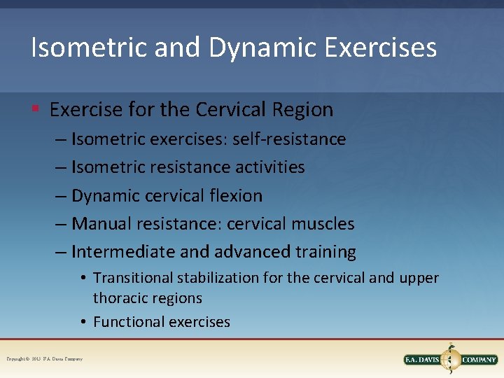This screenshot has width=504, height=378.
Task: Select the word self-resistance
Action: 297,139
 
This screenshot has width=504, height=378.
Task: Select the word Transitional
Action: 132,278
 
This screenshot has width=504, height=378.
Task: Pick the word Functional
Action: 126,322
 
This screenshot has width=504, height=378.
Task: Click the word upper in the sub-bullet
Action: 419,279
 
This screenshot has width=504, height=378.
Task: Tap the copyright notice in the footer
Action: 45,359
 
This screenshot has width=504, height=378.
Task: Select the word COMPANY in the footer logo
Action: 478,360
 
